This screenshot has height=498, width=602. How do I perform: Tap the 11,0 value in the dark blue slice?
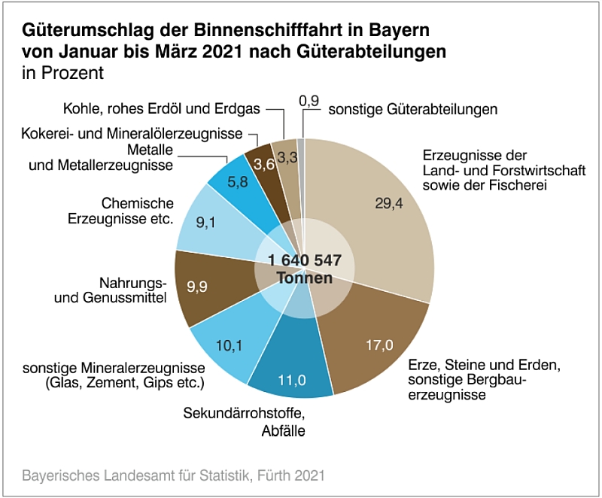coord(292,379)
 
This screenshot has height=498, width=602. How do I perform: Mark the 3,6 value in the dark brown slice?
coord(263,163)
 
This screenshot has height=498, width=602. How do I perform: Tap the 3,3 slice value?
coord(287,157)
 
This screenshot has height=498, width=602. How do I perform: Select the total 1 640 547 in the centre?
coord(304,260)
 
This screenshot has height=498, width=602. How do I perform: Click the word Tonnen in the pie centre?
coord(304,278)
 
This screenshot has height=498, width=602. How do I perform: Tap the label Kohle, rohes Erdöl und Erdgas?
coord(162,109)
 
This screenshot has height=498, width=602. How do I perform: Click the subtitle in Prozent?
coord(62,74)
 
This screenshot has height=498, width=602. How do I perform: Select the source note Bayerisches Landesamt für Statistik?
coord(173,475)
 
